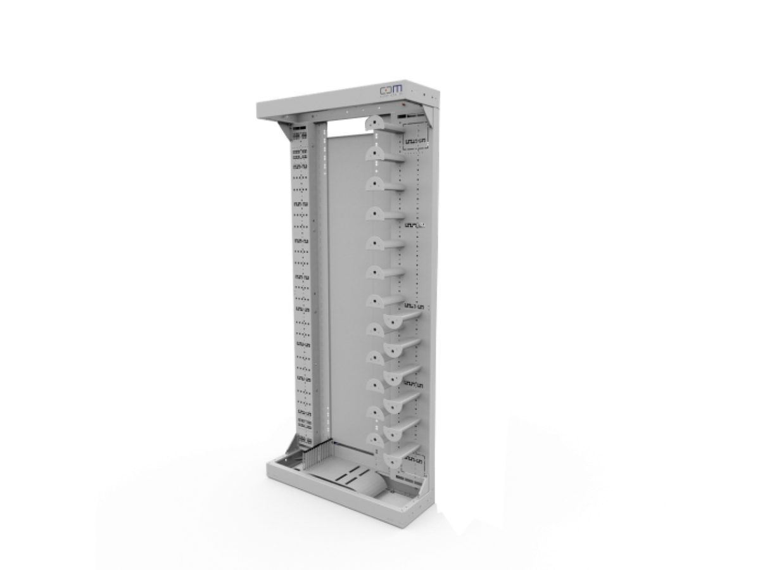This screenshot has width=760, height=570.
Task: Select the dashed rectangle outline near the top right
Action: tap(415, 137)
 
